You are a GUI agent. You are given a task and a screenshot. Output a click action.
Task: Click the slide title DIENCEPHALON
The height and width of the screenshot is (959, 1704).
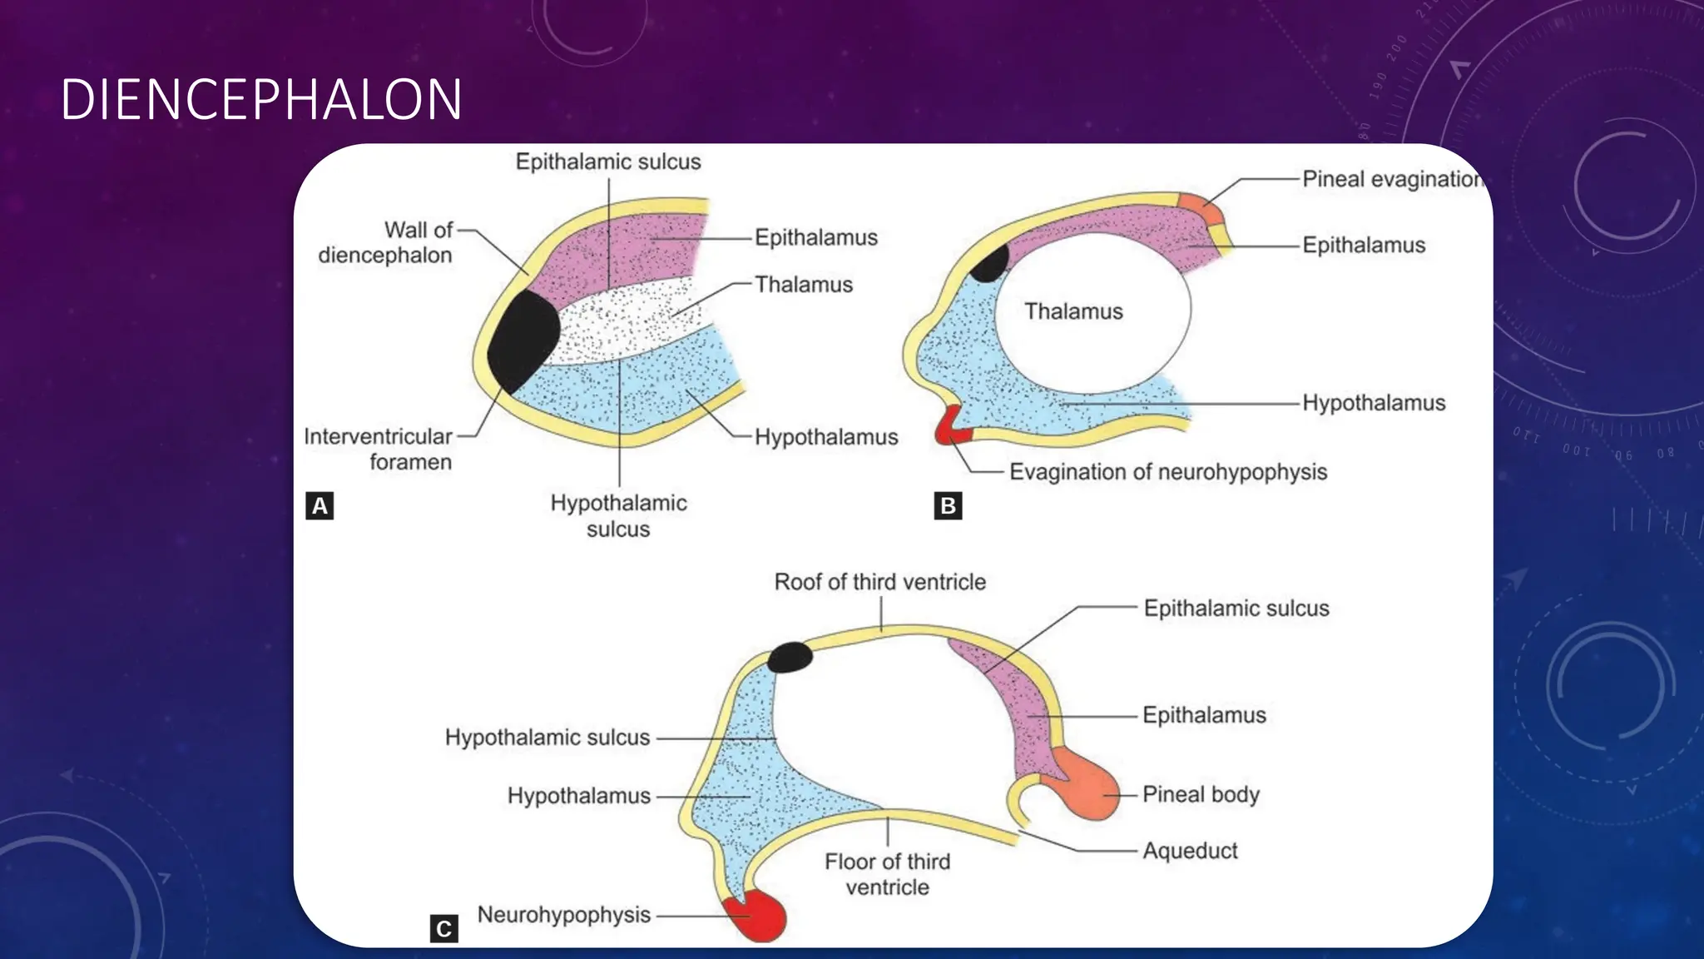click(261, 100)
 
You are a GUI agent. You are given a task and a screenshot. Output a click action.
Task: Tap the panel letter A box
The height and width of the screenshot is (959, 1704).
click(319, 506)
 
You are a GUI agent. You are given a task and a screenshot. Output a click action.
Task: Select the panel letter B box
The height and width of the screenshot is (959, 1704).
click(948, 506)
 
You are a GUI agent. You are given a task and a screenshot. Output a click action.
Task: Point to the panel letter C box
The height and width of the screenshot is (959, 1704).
click(443, 928)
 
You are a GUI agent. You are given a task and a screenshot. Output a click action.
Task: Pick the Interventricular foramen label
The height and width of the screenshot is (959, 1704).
click(378, 449)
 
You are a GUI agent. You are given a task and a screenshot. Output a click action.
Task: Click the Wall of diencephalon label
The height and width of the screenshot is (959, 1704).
click(386, 242)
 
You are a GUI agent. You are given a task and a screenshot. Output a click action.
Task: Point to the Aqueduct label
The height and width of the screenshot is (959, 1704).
click(1190, 851)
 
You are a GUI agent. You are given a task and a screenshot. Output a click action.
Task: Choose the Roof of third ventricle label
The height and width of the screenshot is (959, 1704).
click(879, 582)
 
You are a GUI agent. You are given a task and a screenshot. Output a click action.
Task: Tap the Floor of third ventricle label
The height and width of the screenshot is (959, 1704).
click(887, 874)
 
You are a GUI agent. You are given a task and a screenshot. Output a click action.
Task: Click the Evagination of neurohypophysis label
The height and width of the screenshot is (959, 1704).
click(1167, 472)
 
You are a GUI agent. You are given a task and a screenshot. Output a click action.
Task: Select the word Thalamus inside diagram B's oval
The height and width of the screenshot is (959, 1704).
click(1073, 311)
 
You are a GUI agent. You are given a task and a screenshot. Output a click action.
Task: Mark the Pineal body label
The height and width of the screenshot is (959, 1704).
click(1201, 794)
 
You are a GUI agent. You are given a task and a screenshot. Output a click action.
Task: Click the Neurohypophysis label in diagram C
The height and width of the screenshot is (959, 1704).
click(563, 915)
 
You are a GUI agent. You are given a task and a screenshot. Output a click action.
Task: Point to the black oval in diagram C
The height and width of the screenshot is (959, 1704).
click(789, 658)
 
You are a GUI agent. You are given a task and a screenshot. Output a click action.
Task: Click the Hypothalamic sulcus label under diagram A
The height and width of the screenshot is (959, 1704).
click(618, 516)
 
